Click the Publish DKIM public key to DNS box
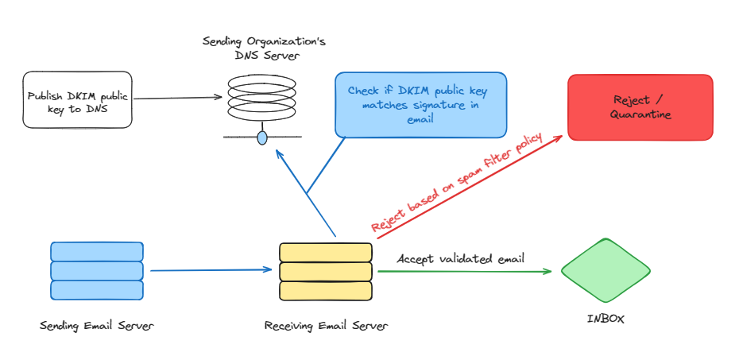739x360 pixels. coord(78,99)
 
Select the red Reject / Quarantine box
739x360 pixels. coord(640,107)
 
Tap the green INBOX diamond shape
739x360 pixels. coord(606,270)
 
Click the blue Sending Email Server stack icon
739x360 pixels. coord(97,271)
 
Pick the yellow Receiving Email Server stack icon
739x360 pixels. coord(326,272)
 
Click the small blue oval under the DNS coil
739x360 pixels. coord(262,138)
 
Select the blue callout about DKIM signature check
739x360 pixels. coord(421,103)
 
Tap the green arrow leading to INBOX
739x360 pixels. coord(464,272)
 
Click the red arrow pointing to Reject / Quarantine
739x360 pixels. coord(469,187)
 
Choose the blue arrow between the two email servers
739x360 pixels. coord(211,270)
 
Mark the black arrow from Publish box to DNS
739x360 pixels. coord(177,98)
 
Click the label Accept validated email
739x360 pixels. coord(460,258)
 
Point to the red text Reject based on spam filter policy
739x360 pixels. coord(457,184)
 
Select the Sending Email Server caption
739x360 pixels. coord(96,325)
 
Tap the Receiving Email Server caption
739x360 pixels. coord(327,325)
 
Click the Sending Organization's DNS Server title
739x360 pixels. coord(263,48)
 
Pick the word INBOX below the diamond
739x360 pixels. coord(606,319)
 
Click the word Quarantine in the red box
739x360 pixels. coord(640,114)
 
